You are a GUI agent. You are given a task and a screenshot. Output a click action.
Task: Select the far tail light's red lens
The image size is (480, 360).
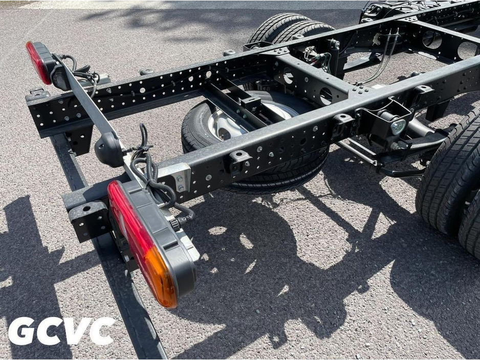coord(38,62)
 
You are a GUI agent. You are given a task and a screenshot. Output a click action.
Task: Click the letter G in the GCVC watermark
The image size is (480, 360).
coord(21,331)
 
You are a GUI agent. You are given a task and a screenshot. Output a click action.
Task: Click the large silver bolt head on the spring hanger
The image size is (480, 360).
coord(398,127)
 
